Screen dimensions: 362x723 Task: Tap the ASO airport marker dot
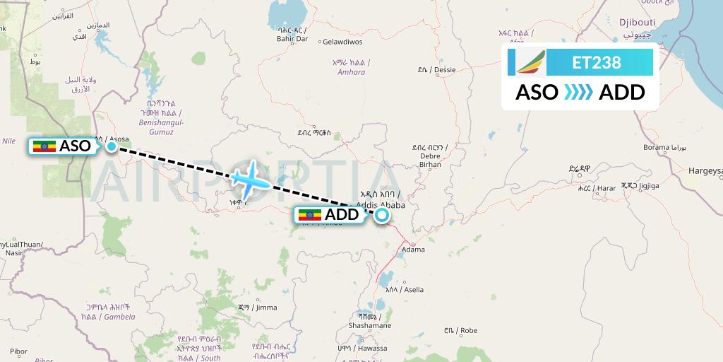coord(112,146)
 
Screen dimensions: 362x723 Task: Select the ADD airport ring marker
coord(382,215)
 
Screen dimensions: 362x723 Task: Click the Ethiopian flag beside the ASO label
coord(44,146)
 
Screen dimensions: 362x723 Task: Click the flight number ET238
coord(597,63)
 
